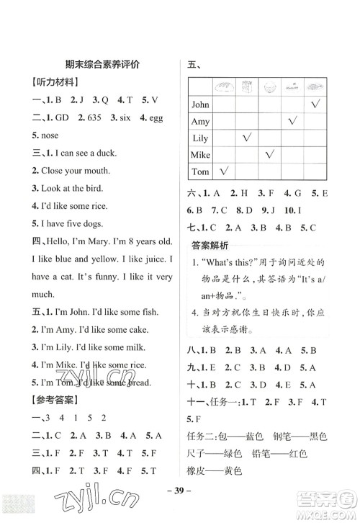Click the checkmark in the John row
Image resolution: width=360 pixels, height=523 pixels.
pos(315,104)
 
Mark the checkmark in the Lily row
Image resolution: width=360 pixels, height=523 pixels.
pos(247,138)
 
